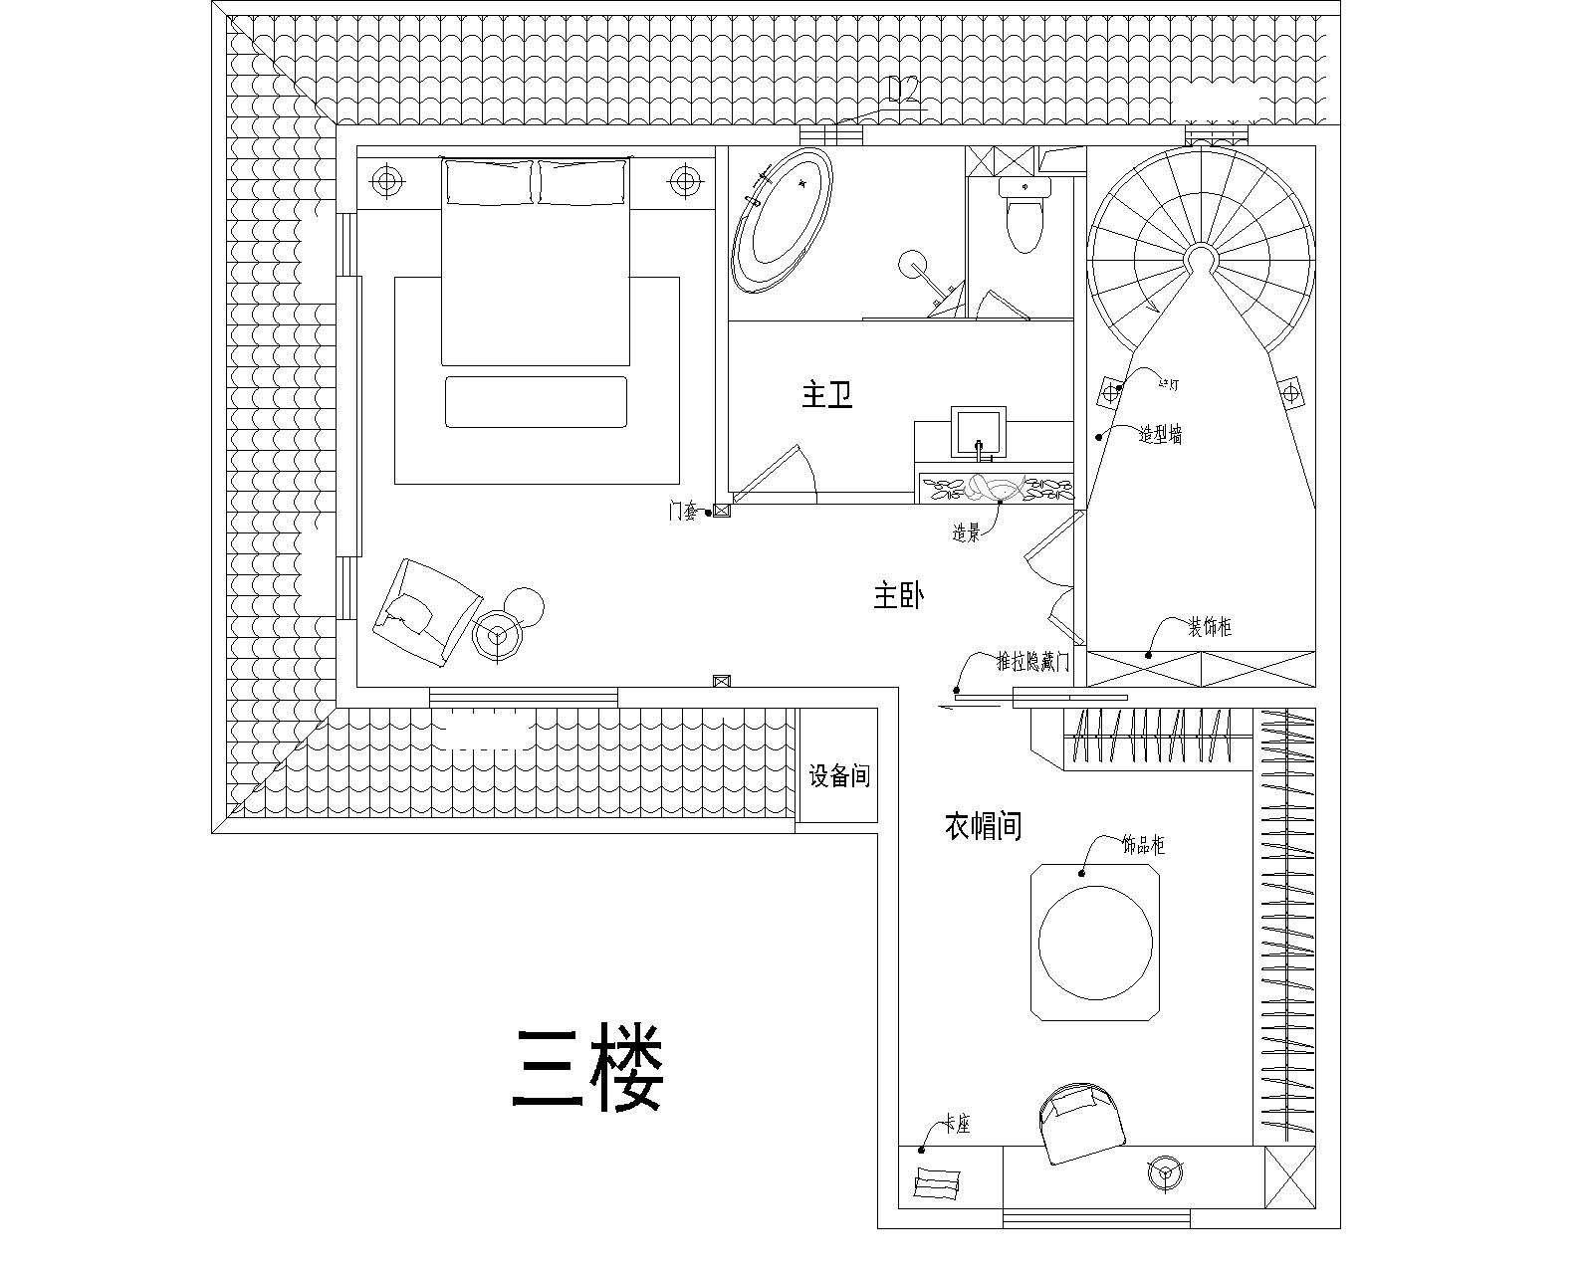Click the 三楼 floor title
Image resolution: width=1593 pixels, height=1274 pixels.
tap(587, 1070)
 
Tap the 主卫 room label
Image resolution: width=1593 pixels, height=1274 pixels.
tap(827, 396)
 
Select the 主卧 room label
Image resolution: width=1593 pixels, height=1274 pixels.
tap(899, 597)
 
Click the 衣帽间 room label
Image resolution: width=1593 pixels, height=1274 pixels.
tap(983, 825)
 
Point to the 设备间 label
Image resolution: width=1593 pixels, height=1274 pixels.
tap(838, 775)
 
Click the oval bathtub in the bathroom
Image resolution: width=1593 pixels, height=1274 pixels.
tap(782, 221)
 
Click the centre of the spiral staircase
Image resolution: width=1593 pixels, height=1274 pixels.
tap(1199, 261)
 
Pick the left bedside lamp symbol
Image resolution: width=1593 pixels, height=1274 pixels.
tap(386, 181)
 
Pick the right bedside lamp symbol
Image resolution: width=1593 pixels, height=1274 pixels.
tap(684, 181)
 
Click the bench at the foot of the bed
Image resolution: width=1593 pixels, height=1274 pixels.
tap(536, 402)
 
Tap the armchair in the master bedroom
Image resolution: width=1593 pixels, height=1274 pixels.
tap(423, 613)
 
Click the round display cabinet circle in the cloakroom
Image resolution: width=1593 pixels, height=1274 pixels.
tap(1095, 942)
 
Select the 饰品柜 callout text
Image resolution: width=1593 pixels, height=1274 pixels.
tap(1143, 846)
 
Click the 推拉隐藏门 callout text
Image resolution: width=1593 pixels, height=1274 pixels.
tap(1033, 662)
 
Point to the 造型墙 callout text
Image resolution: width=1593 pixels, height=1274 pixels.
tap(1161, 435)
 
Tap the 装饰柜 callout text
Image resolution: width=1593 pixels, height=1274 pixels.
tap(1209, 627)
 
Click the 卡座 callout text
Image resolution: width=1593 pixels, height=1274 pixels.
tap(957, 1125)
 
